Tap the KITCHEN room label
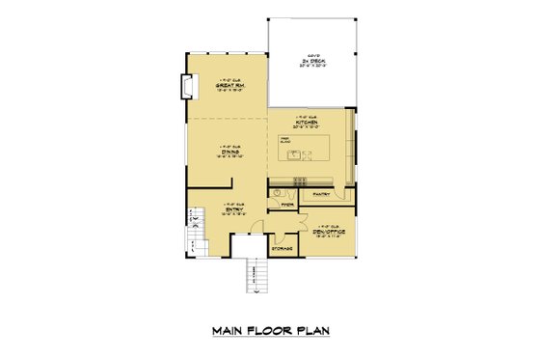pos(309,124)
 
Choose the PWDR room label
pos(286,205)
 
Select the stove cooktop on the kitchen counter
pos(300,180)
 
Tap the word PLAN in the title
pos(313,331)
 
